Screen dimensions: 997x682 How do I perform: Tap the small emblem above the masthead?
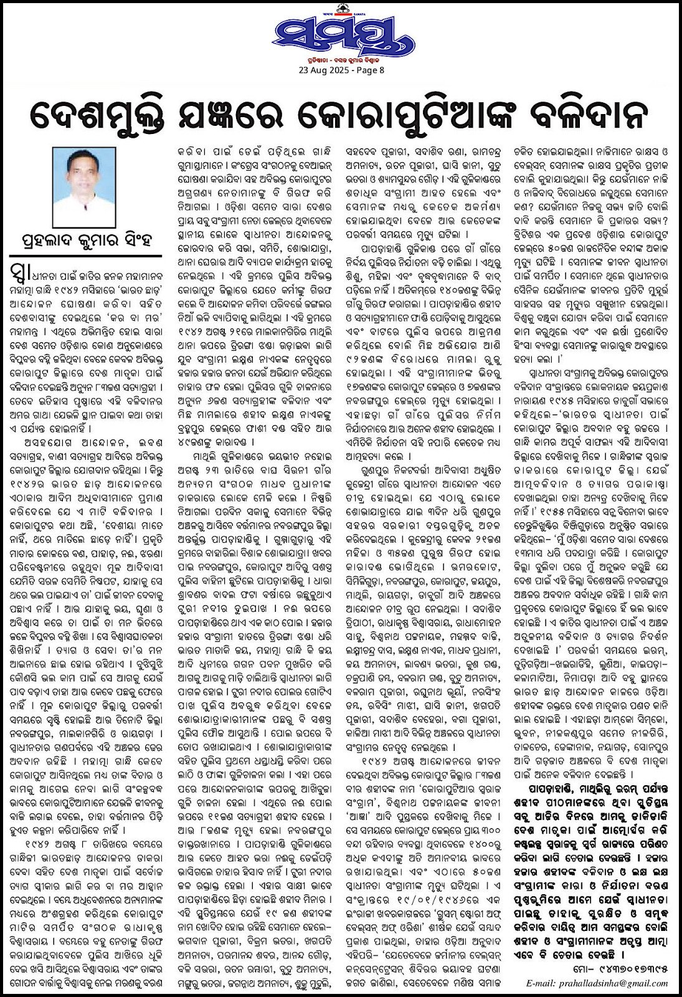tap(341, 8)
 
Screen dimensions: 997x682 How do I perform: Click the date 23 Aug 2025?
tap(323, 70)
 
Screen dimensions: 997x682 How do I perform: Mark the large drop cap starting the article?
tap(19, 273)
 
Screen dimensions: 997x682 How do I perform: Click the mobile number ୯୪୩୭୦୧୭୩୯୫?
tap(635, 970)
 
